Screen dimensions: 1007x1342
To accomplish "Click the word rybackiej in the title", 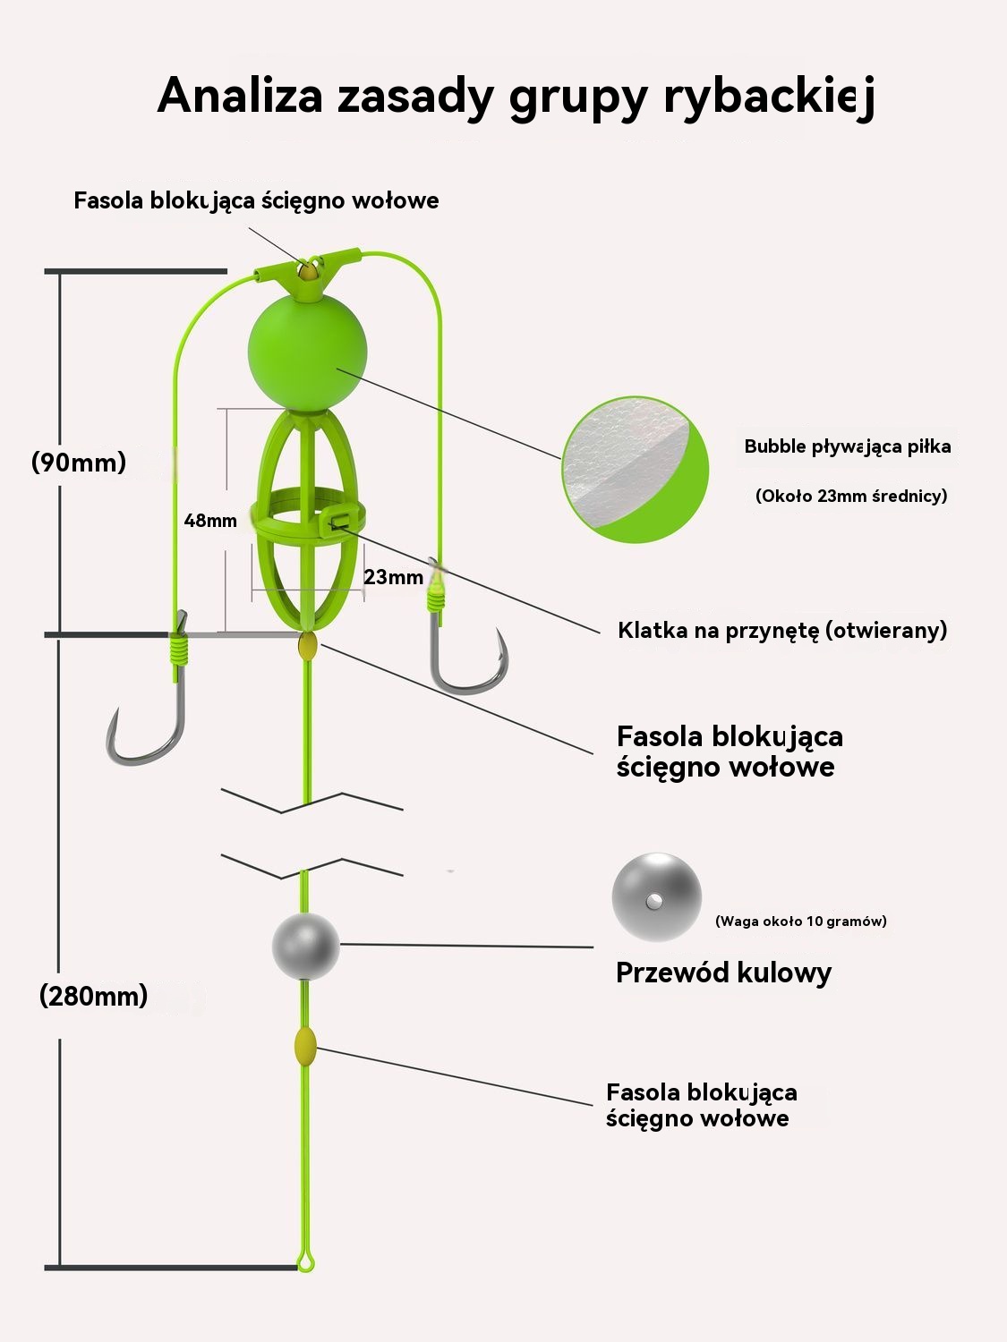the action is (770, 98).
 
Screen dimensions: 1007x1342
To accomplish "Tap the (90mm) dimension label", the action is (79, 463).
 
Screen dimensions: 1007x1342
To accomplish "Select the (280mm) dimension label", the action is (94, 996).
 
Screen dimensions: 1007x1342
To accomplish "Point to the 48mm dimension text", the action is (210, 521).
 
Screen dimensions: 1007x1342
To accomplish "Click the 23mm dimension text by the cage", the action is (393, 576).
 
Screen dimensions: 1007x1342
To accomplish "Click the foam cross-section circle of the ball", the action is (636, 470).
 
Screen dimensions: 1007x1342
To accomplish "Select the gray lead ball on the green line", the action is (306, 947).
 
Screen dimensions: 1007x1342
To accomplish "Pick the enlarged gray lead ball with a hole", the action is (657, 897).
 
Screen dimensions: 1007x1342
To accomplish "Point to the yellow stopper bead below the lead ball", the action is (305, 1046).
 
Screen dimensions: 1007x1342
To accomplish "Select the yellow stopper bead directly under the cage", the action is (307, 646).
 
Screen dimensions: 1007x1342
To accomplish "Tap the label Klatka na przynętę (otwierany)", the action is (782, 631).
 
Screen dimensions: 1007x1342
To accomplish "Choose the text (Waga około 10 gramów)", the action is (801, 921).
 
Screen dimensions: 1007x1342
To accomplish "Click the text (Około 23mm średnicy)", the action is (851, 496).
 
